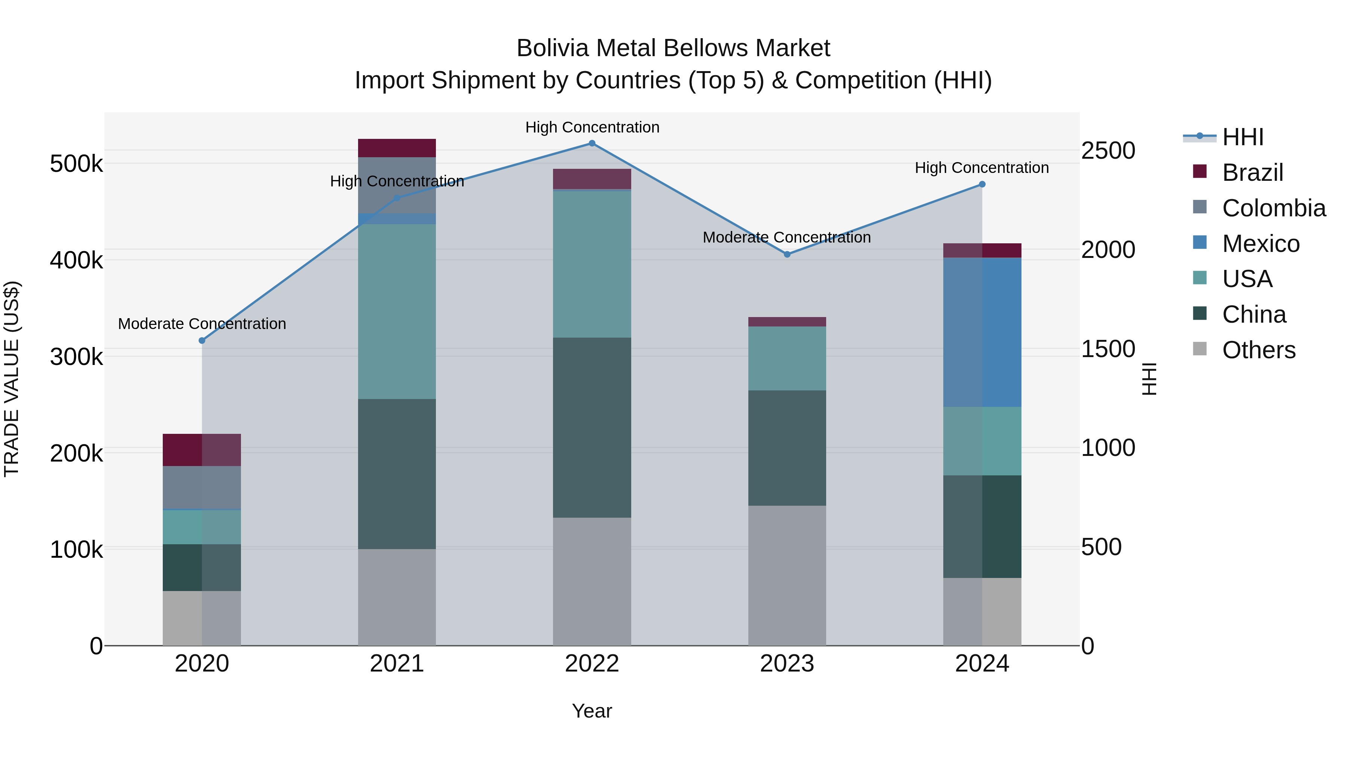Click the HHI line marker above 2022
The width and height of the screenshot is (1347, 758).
pyautogui.click(x=592, y=143)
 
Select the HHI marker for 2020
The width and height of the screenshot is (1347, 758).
pyautogui.click(x=202, y=341)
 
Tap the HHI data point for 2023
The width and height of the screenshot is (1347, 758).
pyautogui.click(x=787, y=254)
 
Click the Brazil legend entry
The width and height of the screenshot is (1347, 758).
pyautogui.click(x=1252, y=173)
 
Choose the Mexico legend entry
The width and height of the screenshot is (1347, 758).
pyautogui.click(x=1260, y=244)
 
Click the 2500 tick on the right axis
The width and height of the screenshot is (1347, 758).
pyautogui.click(x=1108, y=150)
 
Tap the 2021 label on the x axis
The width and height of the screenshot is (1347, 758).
pyautogui.click(x=397, y=664)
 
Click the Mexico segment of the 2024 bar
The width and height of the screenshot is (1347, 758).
pyautogui.click(x=982, y=332)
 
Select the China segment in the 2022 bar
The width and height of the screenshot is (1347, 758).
pyautogui.click(x=592, y=427)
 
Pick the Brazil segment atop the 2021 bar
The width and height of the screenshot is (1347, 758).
pyautogui.click(x=397, y=148)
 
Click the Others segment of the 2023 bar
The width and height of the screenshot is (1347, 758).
pyautogui.click(x=787, y=575)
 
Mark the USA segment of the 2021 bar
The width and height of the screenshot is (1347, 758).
pyautogui.click(x=397, y=311)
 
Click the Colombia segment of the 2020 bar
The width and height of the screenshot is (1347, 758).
pyautogui.click(x=202, y=487)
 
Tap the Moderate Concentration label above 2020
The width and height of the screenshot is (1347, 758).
pyautogui.click(x=202, y=324)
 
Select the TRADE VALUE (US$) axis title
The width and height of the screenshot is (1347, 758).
pyautogui.click(x=12, y=379)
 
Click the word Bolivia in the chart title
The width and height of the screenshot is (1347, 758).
pyautogui.click(x=552, y=48)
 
